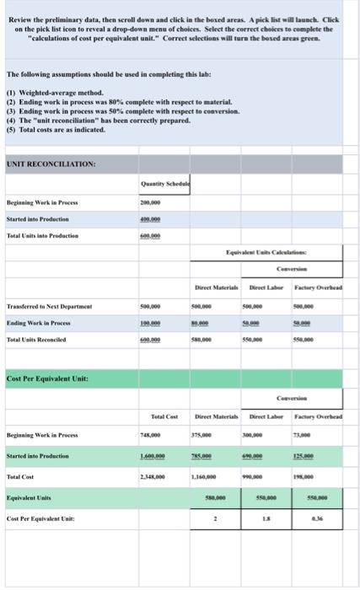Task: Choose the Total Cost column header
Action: click(x=163, y=418)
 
